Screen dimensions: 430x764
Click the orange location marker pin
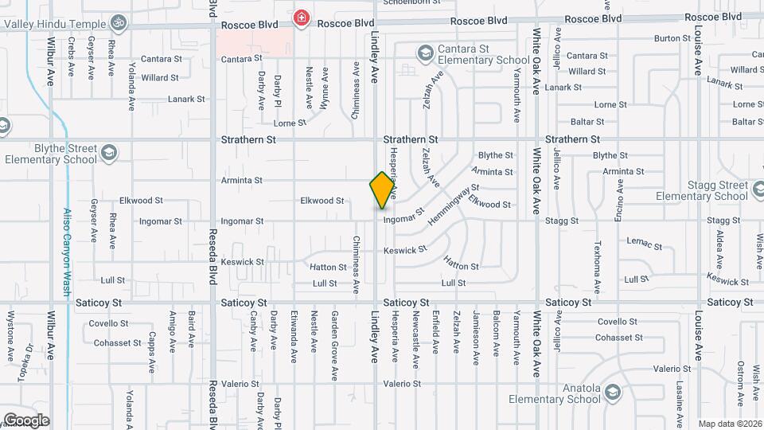tap(382, 190)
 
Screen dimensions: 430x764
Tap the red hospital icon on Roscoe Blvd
tap(301, 18)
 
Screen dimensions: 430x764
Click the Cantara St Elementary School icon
tap(425, 53)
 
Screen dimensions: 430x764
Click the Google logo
tap(26, 420)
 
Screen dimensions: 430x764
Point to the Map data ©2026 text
tap(730, 424)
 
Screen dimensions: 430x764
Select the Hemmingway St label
tap(452, 205)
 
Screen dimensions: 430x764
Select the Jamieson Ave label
tap(476, 337)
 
